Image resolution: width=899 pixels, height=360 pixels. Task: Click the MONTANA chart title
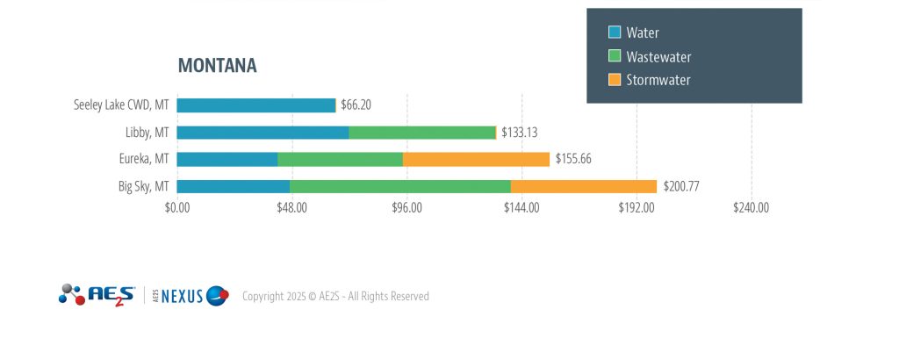pyautogui.click(x=217, y=66)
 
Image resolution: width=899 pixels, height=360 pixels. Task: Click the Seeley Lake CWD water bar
pyautogui.click(x=256, y=105)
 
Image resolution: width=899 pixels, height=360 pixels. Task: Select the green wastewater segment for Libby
pyautogui.click(x=422, y=133)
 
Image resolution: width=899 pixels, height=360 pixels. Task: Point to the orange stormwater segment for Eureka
pyautogui.click(x=476, y=159)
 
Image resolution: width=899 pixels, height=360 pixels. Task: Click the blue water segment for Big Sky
pyautogui.click(x=234, y=186)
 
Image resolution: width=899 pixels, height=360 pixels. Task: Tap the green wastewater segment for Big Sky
pyautogui.click(x=400, y=186)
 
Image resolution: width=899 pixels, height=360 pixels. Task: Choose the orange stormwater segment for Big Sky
pyautogui.click(x=583, y=186)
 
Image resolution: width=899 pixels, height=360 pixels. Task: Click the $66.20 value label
pyautogui.click(x=356, y=105)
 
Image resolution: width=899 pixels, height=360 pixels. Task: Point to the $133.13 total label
pyautogui.click(x=519, y=133)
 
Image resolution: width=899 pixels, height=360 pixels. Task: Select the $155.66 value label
pyautogui.click(x=573, y=159)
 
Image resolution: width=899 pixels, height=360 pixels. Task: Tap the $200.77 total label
pyautogui.click(x=680, y=186)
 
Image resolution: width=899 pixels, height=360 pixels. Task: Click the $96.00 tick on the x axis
pyautogui.click(x=406, y=208)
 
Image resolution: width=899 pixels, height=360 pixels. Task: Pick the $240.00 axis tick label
pyautogui.click(x=751, y=208)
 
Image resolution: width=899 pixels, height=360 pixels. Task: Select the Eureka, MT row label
pyautogui.click(x=144, y=159)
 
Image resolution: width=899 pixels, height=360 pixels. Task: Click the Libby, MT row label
pyautogui.click(x=147, y=133)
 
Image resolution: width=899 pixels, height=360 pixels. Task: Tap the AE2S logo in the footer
pyautogui.click(x=97, y=295)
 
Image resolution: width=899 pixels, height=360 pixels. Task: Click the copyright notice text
pyautogui.click(x=335, y=297)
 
